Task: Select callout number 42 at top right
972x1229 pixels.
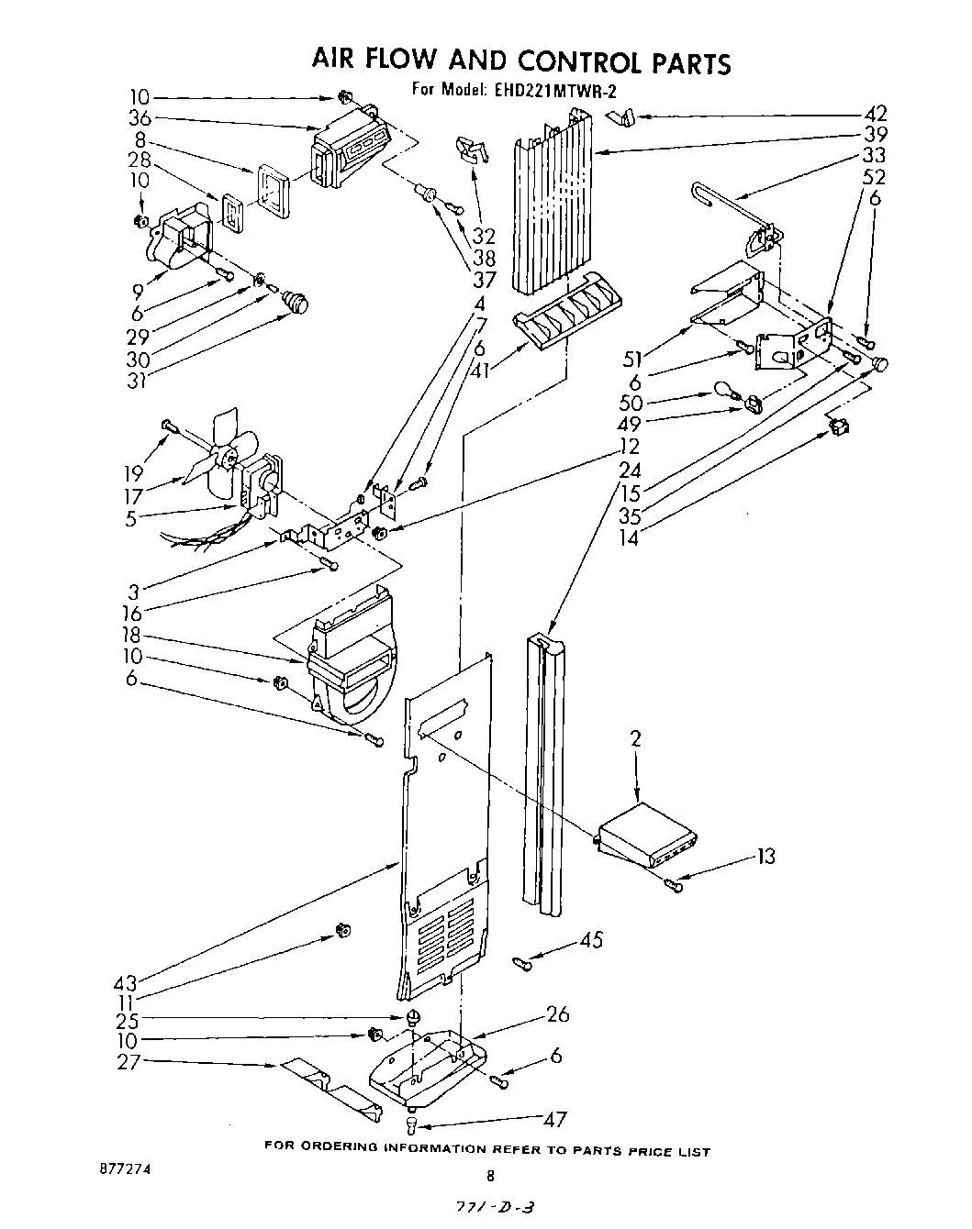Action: coord(876,115)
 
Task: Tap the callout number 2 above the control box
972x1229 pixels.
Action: coord(636,737)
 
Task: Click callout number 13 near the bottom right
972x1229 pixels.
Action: coord(765,857)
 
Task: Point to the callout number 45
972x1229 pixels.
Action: coord(592,941)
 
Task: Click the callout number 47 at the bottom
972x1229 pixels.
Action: coord(555,1120)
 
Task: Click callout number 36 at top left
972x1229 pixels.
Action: coord(140,118)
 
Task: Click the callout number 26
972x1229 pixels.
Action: coord(557,1014)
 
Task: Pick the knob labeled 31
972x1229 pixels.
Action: coord(295,300)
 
